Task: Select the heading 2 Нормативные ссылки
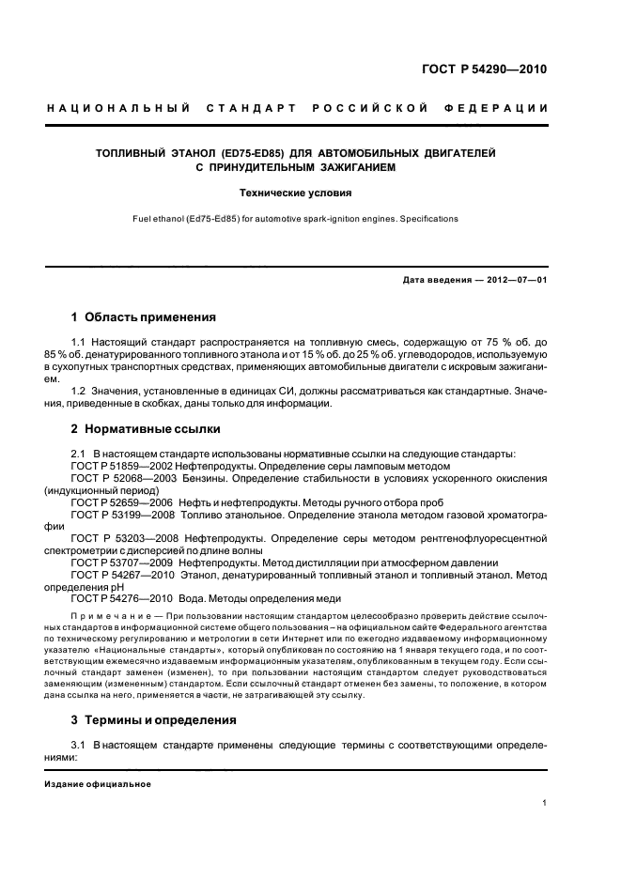pos(146,429)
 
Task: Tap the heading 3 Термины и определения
pos(157,720)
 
